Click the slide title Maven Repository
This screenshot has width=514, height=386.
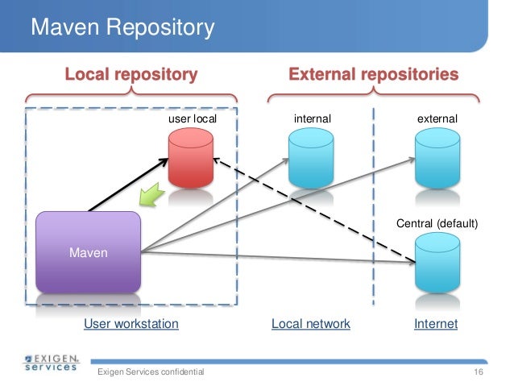click(x=122, y=29)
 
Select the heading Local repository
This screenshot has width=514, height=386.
click(x=131, y=75)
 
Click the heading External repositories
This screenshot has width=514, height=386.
click(x=374, y=75)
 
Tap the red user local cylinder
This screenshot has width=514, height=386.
click(x=190, y=158)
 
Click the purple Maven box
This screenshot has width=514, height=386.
click(x=89, y=252)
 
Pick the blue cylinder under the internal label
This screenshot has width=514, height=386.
click(x=312, y=158)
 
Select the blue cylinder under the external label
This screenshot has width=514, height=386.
click(x=437, y=158)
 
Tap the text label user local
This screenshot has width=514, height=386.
click(x=192, y=119)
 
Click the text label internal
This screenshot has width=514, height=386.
click(x=312, y=119)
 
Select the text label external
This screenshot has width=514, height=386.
click(x=437, y=119)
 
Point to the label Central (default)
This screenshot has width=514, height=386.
click(x=438, y=222)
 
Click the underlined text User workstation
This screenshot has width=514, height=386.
click(x=131, y=324)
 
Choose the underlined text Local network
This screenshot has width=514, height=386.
click(x=311, y=324)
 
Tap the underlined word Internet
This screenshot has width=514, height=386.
click(x=436, y=324)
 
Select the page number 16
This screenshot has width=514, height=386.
click(x=478, y=371)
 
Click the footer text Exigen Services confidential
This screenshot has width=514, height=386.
click(x=151, y=371)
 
